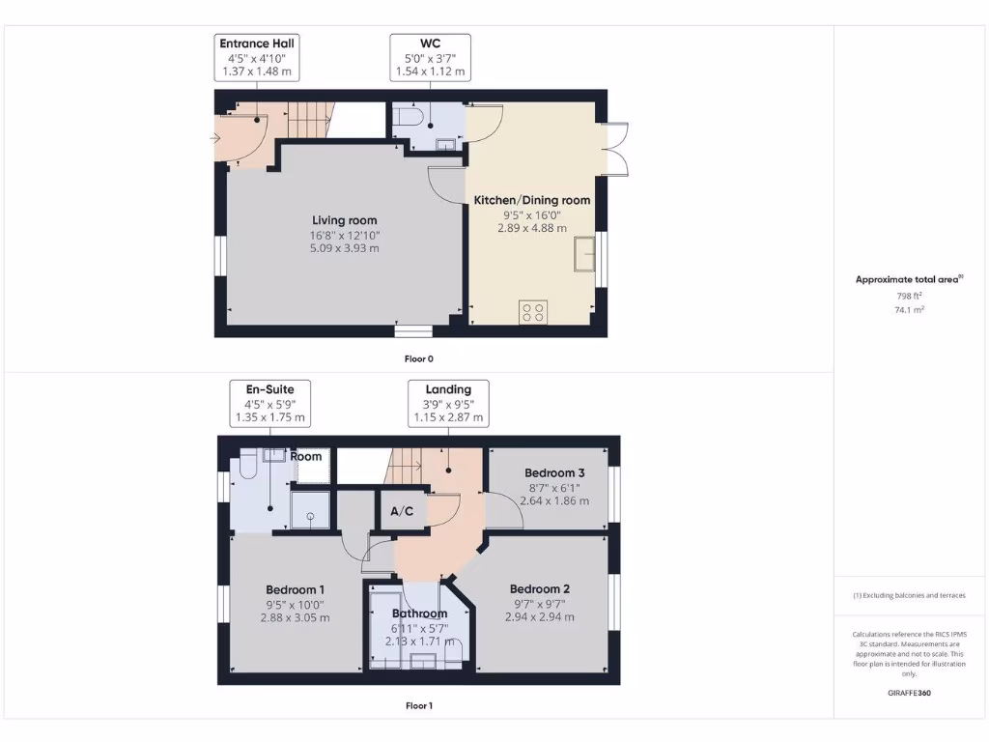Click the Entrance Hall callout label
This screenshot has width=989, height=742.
pyautogui.click(x=257, y=57)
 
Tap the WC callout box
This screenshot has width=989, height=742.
pyautogui.click(x=430, y=57)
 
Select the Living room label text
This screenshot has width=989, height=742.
pyautogui.click(x=345, y=220)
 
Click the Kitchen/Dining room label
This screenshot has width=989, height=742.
pyautogui.click(x=530, y=200)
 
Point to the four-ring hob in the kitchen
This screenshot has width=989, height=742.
pyautogui.click(x=532, y=311)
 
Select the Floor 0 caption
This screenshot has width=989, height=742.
pyautogui.click(x=418, y=358)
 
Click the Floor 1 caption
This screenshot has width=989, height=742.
pyautogui.click(x=418, y=706)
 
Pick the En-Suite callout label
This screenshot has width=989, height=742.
pyautogui.click(x=269, y=404)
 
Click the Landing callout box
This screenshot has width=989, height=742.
pyautogui.click(x=448, y=404)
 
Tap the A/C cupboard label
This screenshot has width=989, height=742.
pyautogui.click(x=402, y=511)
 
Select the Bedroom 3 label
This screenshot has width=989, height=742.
pyautogui.click(x=554, y=472)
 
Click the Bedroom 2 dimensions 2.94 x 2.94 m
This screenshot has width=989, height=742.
pyautogui.click(x=540, y=617)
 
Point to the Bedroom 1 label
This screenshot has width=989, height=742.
pyautogui.click(x=295, y=589)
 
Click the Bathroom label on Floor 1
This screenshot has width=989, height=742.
pyautogui.click(x=419, y=614)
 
